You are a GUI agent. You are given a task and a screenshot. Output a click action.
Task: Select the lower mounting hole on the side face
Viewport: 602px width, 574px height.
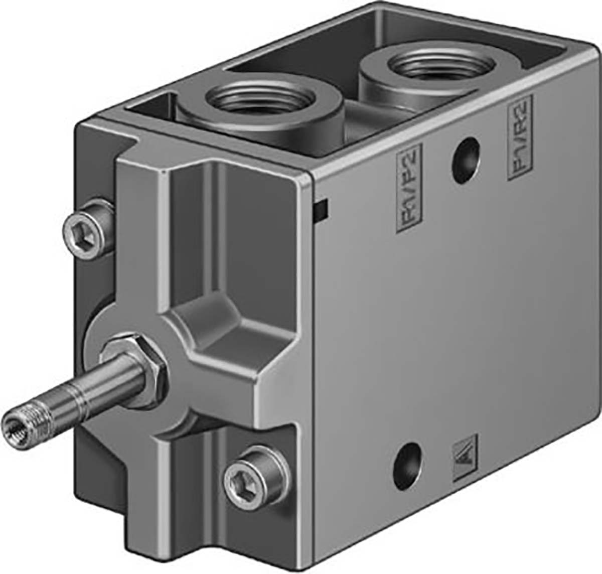pyautogui.click(x=404, y=455)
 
